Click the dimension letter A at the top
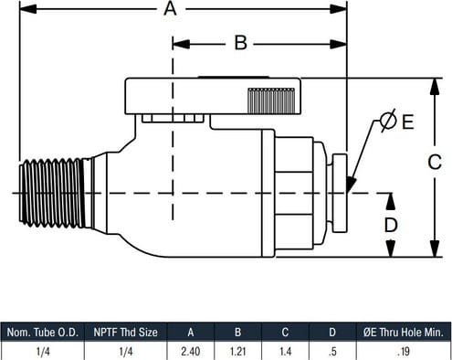(x=170, y=8)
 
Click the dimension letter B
(x=241, y=43)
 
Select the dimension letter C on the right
(x=435, y=162)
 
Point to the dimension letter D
(x=391, y=225)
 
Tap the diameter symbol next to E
(x=388, y=121)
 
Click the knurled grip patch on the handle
(x=271, y=101)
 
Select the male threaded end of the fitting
(x=52, y=193)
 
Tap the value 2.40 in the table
(x=191, y=352)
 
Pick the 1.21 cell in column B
(x=238, y=352)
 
